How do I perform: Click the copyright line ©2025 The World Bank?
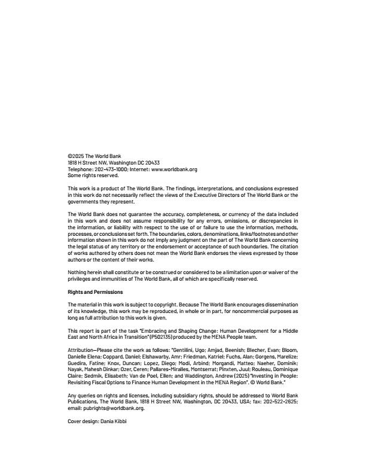pyautogui.click(x=94, y=156)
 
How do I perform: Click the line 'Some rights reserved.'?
pyautogui.click(x=93, y=175)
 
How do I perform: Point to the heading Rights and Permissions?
pyautogui.click(x=95, y=292)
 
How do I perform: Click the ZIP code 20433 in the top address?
pyautogui.click(x=152, y=163)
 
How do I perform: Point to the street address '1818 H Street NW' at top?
pyautogui.click(x=90, y=163)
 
